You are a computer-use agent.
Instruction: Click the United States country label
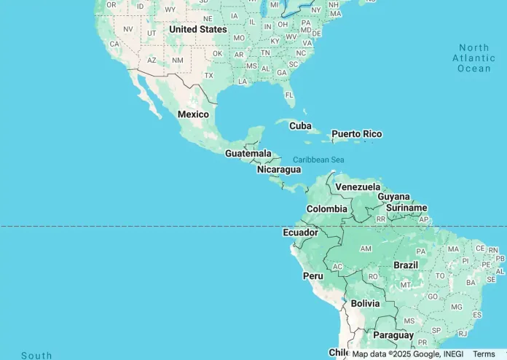[x=198, y=29]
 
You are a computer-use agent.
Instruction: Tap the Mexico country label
[x=193, y=114]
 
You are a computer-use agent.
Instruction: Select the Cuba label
[x=300, y=125]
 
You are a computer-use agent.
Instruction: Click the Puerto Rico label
[x=356, y=134]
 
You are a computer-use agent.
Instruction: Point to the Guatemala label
[x=248, y=154]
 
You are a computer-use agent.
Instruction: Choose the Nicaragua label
[x=279, y=170]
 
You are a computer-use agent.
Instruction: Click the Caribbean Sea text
[x=318, y=160]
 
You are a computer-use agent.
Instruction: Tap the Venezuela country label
[x=358, y=187]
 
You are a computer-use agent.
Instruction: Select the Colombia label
[x=326, y=209]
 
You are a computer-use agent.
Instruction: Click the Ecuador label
[x=300, y=232]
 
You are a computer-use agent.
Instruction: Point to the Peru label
[x=313, y=276]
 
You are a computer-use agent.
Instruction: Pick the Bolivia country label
[x=365, y=303]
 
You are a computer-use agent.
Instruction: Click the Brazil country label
[x=406, y=265]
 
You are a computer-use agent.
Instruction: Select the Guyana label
[x=394, y=197]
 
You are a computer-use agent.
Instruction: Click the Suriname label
[x=406, y=208]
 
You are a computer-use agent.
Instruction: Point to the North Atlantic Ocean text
[x=473, y=58]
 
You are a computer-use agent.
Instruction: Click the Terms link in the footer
[x=484, y=353]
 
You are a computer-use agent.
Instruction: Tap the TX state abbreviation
[x=209, y=75]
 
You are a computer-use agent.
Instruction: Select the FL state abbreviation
[x=290, y=95]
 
